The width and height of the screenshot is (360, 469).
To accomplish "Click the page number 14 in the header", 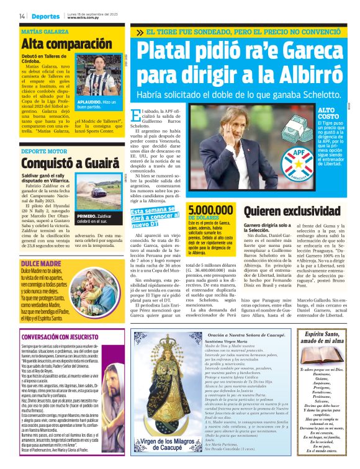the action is coord(22,16).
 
